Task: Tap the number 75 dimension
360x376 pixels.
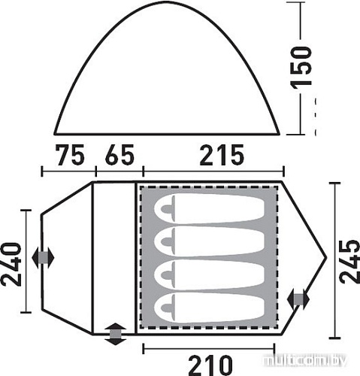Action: pyautogui.click(x=71, y=155)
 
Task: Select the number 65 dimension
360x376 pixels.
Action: pyautogui.click(x=119, y=155)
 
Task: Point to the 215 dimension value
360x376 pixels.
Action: pyautogui.click(x=222, y=155)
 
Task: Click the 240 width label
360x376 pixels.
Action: pyautogui.click(x=11, y=264)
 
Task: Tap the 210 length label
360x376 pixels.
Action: pyautogui.click(x=210, y=365)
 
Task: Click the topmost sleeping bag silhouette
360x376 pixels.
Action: pyautogui.click(x=209, y=208)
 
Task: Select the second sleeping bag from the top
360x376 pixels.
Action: pyautogui.click(x=209, y=242)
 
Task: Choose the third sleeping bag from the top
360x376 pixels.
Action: pyautogui.click(x=209, y=274)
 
